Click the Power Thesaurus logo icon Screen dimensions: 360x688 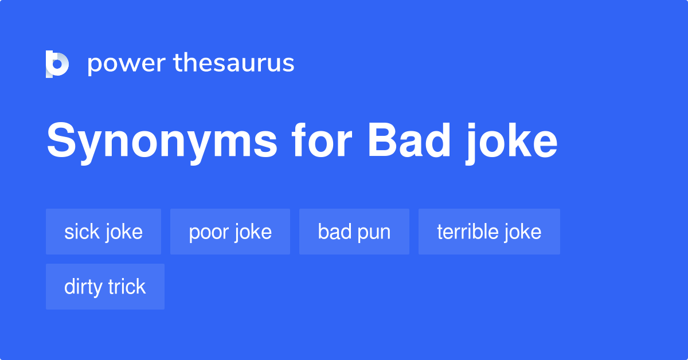(57, 64)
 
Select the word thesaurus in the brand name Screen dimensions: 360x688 (234, 64)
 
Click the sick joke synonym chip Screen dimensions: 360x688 (103, 232)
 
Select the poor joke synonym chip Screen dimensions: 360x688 (230, 232)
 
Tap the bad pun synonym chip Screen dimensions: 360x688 (354, 232)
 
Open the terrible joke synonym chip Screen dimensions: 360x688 (489, 232)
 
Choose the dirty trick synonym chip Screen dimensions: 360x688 (105, 287)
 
